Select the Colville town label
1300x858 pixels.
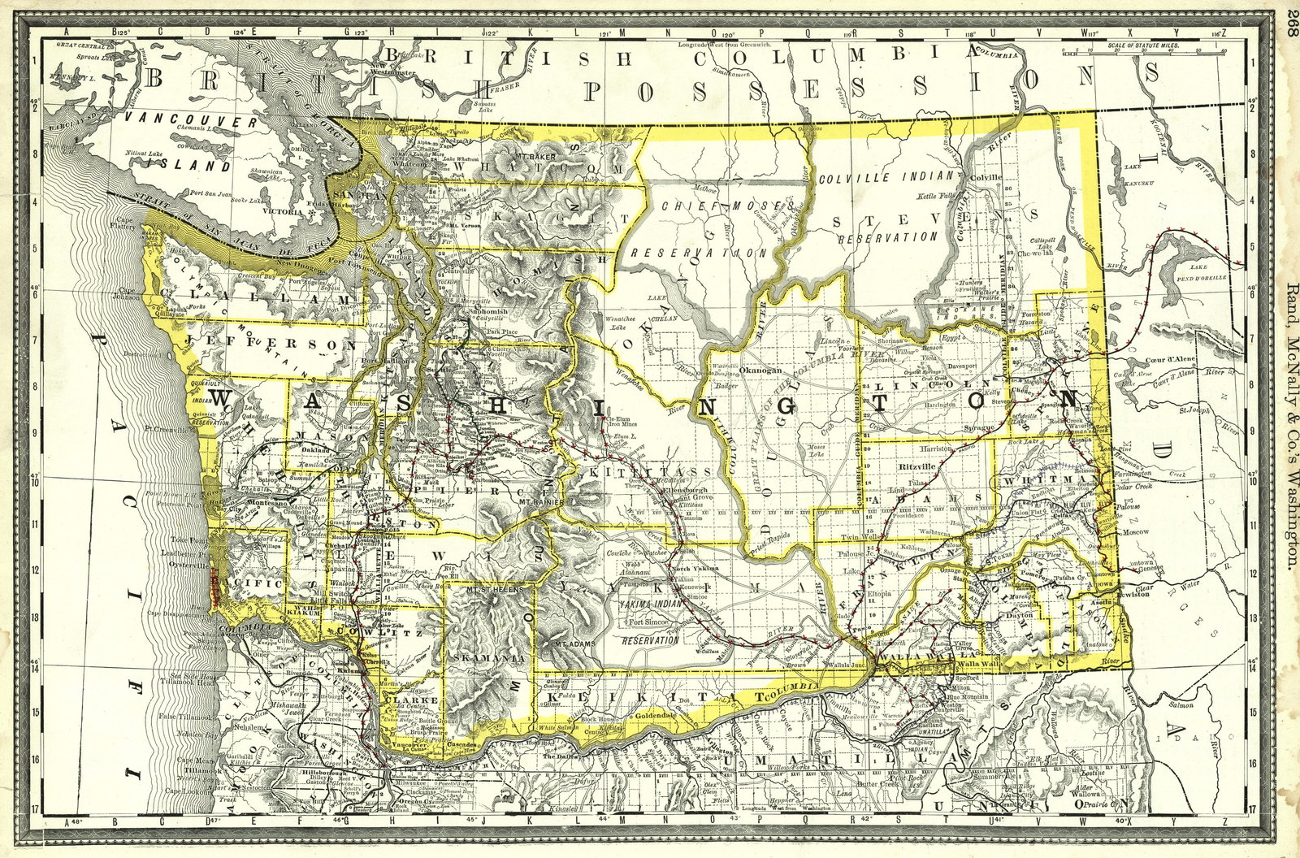click(x=987, y=175)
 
